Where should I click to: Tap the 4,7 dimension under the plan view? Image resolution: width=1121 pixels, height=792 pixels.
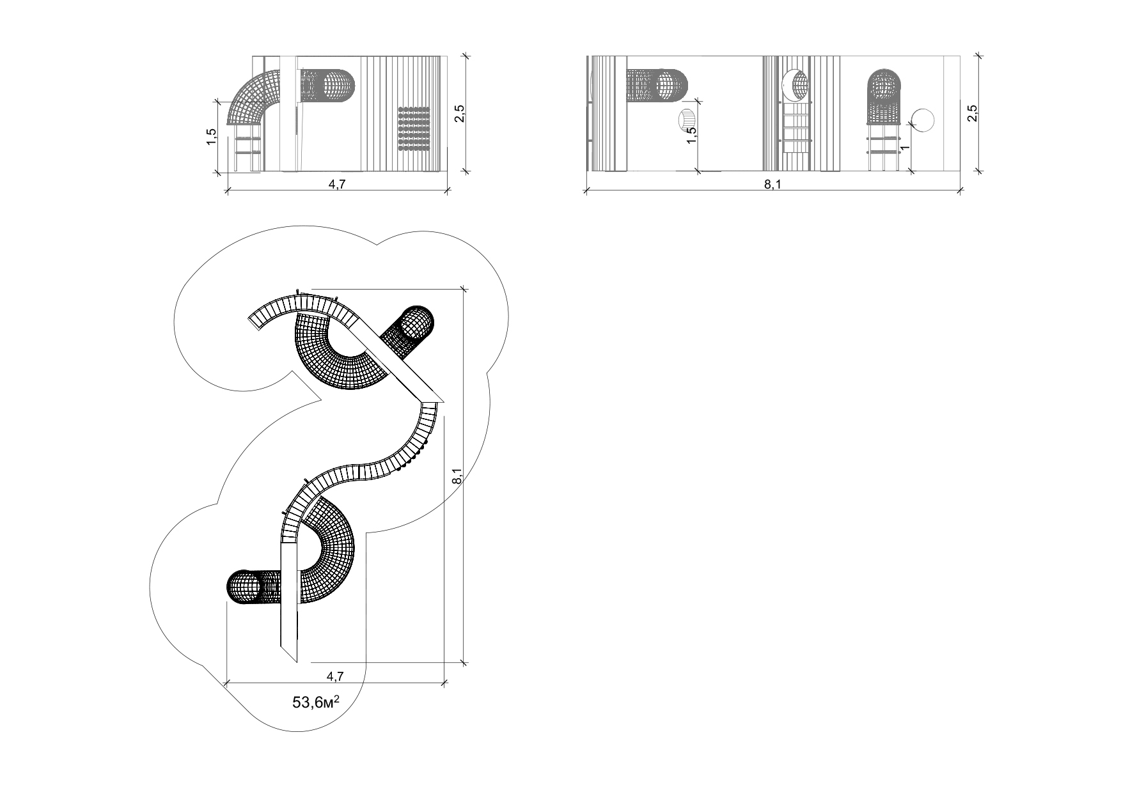tap(335, 676)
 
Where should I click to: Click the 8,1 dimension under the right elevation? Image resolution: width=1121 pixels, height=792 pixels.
tap(772, 185)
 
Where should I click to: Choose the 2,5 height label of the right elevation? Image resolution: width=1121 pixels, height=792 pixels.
tap(972, 113)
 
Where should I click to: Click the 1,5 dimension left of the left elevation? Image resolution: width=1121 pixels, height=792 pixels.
tap(212, 137)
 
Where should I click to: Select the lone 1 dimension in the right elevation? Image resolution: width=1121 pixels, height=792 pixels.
tap(904, 148)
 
